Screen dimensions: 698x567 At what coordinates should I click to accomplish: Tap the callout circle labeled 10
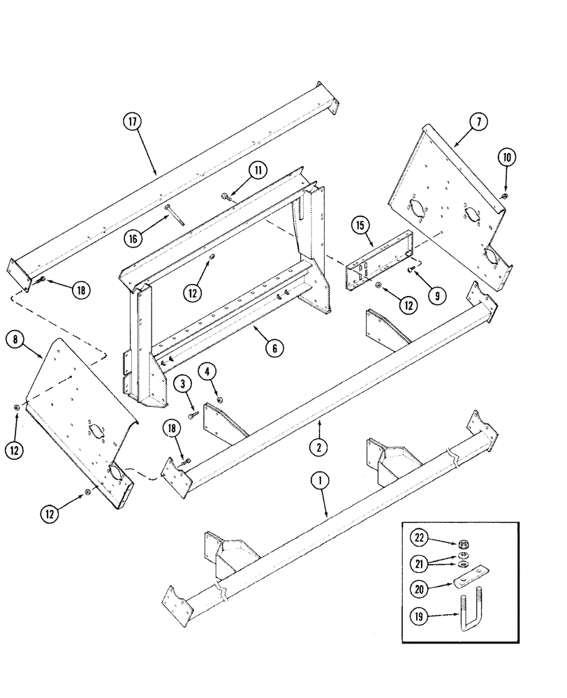(x=507, y=158)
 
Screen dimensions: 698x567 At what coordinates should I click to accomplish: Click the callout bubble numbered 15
(x=360, y=226)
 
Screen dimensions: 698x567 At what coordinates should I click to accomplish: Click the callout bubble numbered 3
(x=183, y=383)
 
